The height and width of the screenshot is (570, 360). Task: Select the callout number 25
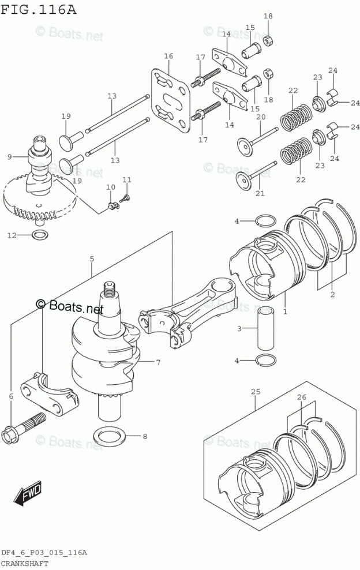tap(256, 392)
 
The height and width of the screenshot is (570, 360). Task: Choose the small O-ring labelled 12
tap(39, 235)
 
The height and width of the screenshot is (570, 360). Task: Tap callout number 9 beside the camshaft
tap(9, 156)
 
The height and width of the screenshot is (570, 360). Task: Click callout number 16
tap(168, 56)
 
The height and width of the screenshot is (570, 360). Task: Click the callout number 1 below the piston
tap(284, 311)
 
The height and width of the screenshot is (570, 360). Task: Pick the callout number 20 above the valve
tap(260, 117)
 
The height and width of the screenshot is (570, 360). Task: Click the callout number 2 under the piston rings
tap(332, 295)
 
